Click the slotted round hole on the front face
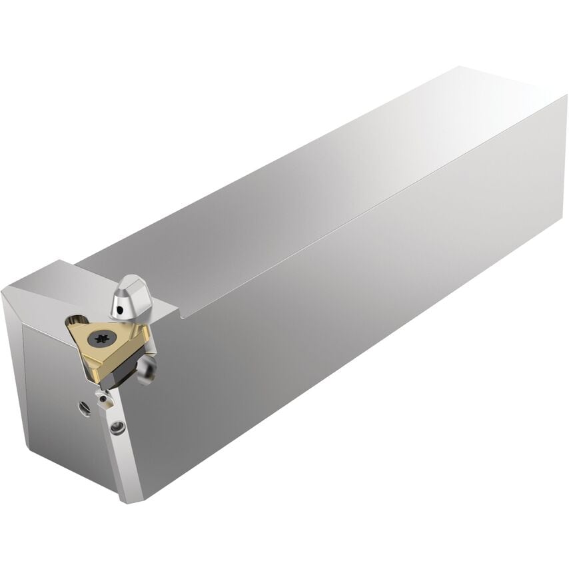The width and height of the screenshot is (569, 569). (83, 408)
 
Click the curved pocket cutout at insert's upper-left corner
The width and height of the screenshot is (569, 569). (77, 321)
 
